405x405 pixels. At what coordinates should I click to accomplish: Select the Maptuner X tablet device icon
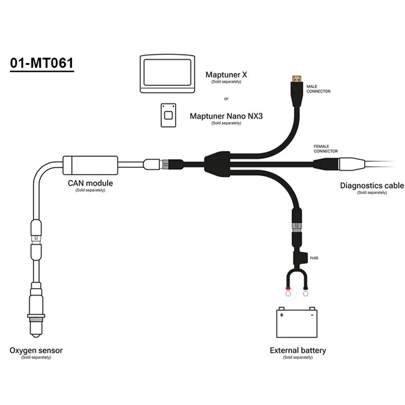[168, 74]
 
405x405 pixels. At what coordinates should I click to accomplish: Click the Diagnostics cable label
[372, 186]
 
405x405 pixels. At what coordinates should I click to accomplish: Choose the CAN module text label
[90, 183]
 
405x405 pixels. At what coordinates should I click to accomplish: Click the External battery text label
[298, 350]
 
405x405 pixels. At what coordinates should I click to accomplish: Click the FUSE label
[314, 258]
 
